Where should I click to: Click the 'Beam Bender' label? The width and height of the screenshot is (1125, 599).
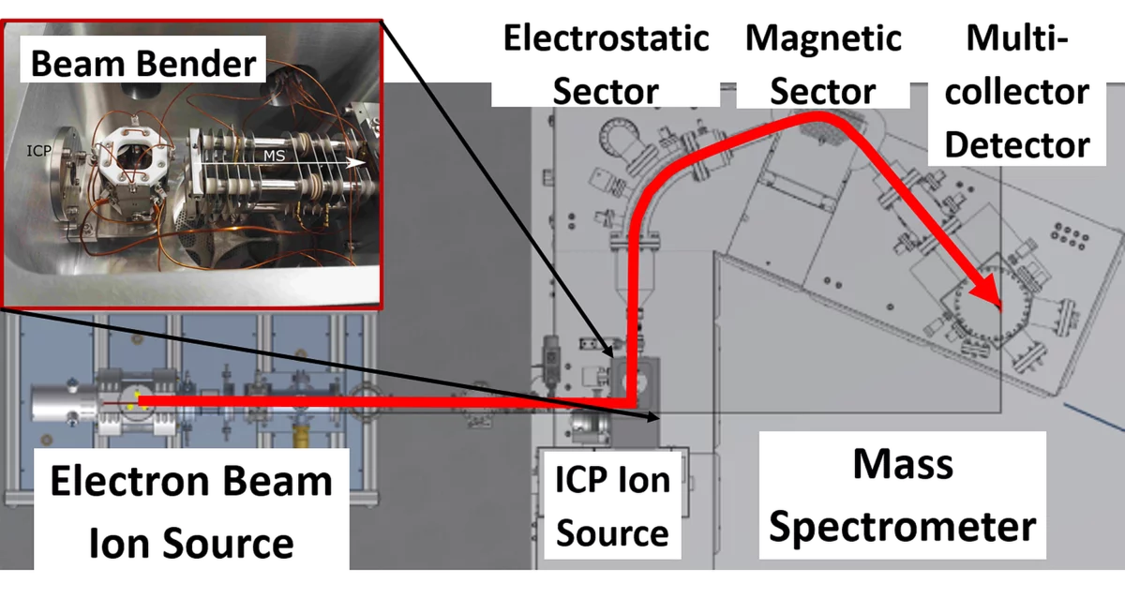143,64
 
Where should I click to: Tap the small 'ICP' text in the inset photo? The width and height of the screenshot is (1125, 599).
38,148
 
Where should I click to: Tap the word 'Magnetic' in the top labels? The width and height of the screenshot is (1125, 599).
824,39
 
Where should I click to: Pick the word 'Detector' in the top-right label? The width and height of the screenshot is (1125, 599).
1018,144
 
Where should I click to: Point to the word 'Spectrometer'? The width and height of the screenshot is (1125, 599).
902,527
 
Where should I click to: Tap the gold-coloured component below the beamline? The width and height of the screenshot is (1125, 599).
301,436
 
